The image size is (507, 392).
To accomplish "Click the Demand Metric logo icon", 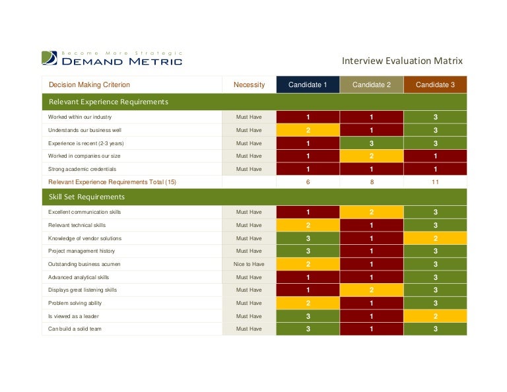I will [50, 58].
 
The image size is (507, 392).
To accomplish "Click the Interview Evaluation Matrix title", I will [401, 61].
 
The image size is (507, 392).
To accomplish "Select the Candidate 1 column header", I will [308, 84].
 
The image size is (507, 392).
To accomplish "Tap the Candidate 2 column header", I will [371, 84].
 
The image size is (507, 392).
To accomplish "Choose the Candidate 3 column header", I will [434, 84].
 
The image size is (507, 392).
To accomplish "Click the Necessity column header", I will [249, 84].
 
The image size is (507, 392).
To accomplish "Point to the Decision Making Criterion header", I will [90, 84].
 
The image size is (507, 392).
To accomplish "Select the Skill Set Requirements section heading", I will [86, 197].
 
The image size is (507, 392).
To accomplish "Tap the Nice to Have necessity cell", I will [249, 264].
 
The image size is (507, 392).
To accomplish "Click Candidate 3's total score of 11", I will [434, 181].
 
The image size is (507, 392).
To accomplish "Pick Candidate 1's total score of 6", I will [308, 181].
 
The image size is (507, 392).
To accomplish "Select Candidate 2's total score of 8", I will [371, 181].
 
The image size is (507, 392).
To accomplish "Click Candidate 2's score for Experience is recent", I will [371, 143].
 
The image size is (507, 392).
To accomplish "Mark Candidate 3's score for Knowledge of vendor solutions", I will [434, 238].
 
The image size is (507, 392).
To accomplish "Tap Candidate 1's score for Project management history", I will [308, 251].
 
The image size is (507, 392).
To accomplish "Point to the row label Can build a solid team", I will [75, 329].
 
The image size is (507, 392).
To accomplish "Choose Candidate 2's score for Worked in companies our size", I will [371, 156].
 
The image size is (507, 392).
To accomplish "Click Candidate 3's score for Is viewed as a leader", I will [434, 316].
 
